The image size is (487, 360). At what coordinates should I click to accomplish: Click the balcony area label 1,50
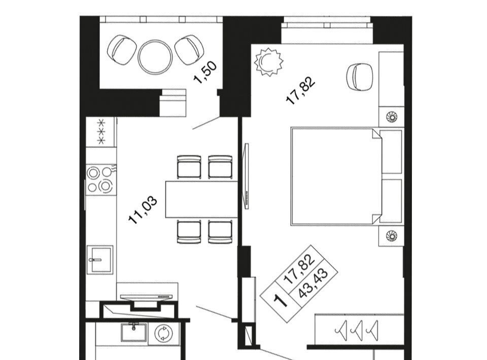click(205, 73)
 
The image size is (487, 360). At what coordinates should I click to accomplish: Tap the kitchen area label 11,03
click(143, 210)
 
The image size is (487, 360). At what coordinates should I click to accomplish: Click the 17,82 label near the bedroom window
click(300, 90)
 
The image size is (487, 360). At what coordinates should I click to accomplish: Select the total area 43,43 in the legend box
click(313, 283)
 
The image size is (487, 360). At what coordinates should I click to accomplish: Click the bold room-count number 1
click(281, 300)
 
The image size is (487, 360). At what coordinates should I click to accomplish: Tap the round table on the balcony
click(155, 57)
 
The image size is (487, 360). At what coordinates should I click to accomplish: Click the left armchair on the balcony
click(122, 50)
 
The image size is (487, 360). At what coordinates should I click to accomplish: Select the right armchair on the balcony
click(189, 50)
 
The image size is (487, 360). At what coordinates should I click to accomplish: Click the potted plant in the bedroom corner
click(269, 62)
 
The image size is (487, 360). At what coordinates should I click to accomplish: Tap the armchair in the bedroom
click(359, 77)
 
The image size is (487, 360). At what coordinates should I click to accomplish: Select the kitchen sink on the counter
click(100, 260)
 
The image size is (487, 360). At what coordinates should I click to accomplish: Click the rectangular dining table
click(201, 199)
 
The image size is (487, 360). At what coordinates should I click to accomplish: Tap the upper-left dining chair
click(189, 167)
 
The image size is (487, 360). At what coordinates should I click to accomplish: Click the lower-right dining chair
click(220, 232)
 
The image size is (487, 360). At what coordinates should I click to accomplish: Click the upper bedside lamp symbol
click(391, 117)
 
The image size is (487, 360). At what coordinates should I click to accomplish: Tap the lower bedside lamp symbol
click(391, 236)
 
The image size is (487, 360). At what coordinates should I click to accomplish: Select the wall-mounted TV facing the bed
click(247, 176)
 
